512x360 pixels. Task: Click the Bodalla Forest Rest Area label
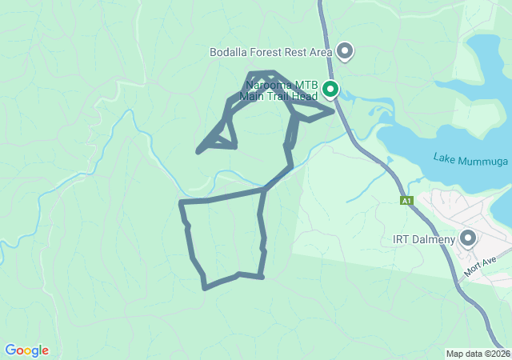point(270,53)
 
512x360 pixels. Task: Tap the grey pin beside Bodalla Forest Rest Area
point(346,52)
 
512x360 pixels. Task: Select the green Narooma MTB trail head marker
point(330,90)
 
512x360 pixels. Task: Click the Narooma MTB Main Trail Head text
point(282,90)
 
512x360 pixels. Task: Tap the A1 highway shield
point(407,200)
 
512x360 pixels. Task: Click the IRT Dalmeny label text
point(424,239)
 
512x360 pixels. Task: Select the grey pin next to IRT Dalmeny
point(467,238)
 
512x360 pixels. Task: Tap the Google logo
point(26,350)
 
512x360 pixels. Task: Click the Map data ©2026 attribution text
point(478,354)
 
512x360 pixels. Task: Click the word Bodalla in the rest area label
point(228,53)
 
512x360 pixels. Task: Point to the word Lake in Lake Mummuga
point(444,156)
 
